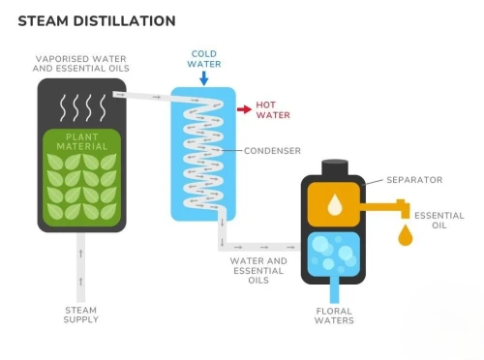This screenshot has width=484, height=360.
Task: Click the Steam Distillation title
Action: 97,21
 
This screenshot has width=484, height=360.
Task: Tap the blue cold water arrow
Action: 203,78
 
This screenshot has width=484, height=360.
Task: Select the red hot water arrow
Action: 244,109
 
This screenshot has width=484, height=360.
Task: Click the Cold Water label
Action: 204,59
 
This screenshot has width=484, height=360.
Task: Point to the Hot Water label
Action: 273,110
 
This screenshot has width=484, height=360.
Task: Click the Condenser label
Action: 272,151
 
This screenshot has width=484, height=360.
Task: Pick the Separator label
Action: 414,180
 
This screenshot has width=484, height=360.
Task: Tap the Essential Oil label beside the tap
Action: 439,221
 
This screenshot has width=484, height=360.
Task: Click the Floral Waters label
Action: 334,315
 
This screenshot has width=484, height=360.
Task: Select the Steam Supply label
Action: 80,315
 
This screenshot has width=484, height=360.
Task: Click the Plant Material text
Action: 82,142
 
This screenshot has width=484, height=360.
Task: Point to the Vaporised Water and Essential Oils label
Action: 81,64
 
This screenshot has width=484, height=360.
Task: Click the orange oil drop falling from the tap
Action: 406,235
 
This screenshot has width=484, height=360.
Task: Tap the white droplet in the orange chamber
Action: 335,205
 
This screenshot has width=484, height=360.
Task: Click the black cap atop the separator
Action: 335,167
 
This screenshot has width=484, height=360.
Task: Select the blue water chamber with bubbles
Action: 333,255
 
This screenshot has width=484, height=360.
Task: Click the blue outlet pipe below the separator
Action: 335,289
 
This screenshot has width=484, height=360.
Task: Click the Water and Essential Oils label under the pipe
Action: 258,270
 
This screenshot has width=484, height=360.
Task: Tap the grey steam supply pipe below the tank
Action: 80,267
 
